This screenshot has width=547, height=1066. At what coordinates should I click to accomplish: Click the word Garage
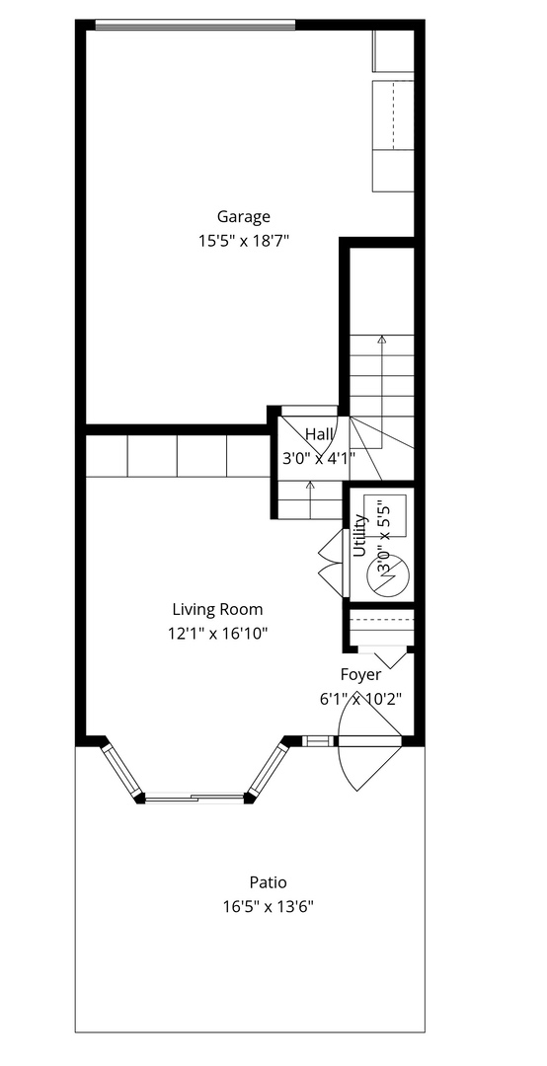pos(244,217)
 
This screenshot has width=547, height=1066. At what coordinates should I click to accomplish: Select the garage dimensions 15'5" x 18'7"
pos(244,240)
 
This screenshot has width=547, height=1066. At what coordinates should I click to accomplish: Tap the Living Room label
pos(217,610)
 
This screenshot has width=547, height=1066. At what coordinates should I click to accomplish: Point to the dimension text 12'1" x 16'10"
pos(217,633)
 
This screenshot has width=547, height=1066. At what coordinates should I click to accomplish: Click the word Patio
pos(268,882)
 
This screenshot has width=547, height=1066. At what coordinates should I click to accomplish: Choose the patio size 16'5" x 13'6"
pos(268,905)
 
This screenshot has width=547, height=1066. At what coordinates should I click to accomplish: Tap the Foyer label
pos(360,675)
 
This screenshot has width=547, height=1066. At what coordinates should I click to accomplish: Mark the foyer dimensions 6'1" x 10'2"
pos(360,698)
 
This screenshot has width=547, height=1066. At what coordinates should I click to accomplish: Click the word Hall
pos(318,434)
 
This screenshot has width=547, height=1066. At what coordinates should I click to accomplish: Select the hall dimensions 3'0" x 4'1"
pos(318,458)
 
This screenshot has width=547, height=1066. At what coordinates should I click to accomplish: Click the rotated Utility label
pos(359,537)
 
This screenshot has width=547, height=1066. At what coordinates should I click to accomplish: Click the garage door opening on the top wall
pos(195,25)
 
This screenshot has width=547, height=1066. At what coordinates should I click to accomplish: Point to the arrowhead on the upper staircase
pos(382,340)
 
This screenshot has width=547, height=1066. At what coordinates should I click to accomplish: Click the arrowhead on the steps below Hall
pos(311,484)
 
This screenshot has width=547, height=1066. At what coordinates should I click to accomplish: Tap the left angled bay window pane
pos(120,771)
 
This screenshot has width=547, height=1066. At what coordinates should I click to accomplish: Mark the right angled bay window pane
pos(268,771)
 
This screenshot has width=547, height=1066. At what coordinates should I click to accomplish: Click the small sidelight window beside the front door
pos(318,740)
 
